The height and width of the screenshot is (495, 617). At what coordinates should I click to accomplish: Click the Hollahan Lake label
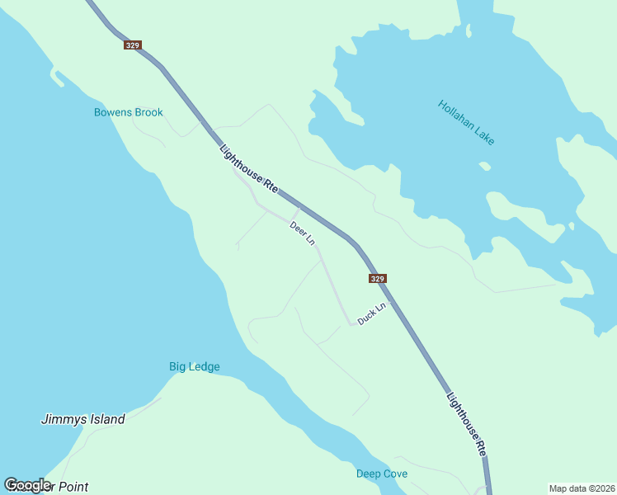pyautogui.click(x=467, y=123)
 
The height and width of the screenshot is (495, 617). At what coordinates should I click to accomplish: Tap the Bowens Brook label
pyautogui.click(x=129, y=112)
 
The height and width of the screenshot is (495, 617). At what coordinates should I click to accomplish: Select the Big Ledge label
pyautogui.click(x=195, y=366)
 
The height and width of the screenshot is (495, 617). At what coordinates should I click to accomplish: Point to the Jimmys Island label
pyautogui.click(x=83, y=419)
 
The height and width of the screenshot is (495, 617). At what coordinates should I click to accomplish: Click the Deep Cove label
pyautogui.click(x=382, y=474)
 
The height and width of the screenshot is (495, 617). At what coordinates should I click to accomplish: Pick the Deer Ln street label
pyautogui.click(x=303, y=233)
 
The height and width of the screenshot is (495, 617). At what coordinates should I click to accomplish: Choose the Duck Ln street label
pyautogui.click(x=371, y=313)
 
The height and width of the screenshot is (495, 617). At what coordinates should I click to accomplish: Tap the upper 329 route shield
pyautogui.click(x=132, y=45)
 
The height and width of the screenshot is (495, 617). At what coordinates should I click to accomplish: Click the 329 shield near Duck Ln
pyautogui.click(x=377, y=279)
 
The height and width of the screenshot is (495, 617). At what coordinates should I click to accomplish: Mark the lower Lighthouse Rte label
pyautogui.click(x=466, y=424)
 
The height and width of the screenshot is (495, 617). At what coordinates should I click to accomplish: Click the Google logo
pyautogui.click(x=27, y=485)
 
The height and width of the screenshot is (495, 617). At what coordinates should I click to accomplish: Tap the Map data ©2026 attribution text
pyautogui.click(x=581, y=488)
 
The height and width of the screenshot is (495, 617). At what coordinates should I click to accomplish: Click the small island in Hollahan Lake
pyautogui.click(x=485, y=166)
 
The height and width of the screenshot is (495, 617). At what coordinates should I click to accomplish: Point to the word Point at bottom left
pyautogui.click(x=71, y=487)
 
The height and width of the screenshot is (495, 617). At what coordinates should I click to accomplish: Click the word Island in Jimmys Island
pyautogui.click(x=105, y=419)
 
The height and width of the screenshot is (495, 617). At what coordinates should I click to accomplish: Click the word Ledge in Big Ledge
pyautogui.click(x=205, y=366)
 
